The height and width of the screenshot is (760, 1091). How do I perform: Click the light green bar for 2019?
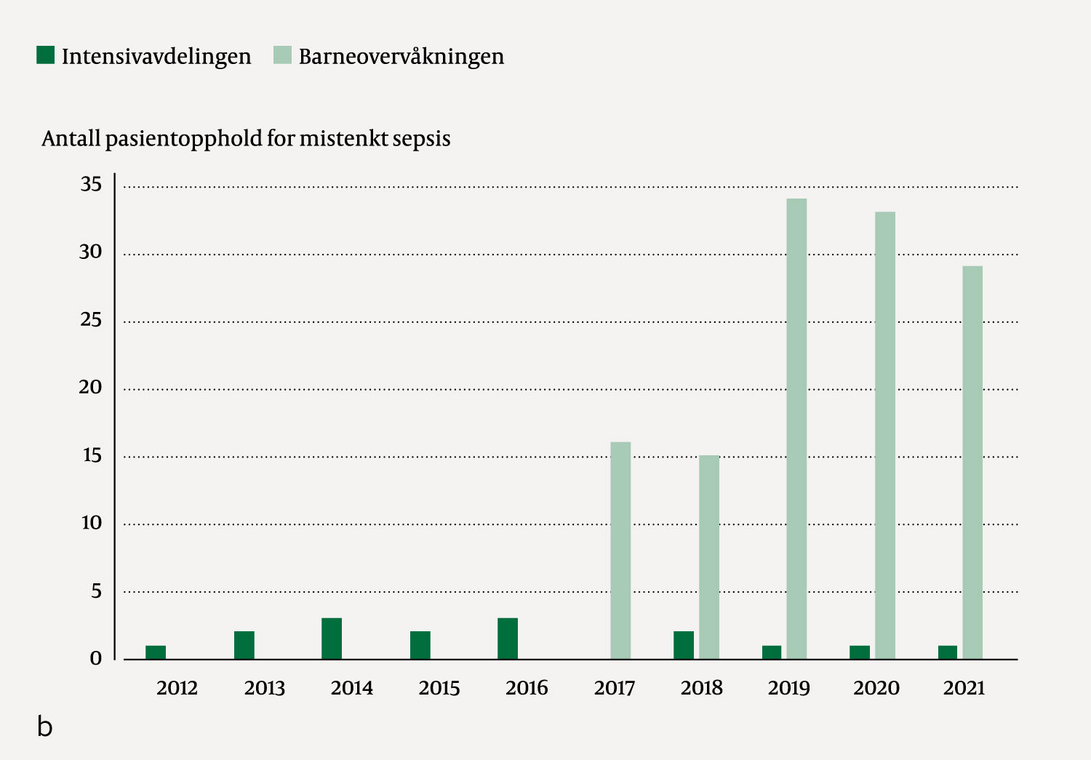(x=796, y=429)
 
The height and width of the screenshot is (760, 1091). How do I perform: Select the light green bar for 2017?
(x=620, y=551)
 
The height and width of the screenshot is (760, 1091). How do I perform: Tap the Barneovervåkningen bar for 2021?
(x=972, y=463)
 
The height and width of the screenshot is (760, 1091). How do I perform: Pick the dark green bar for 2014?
(x=332, y=639)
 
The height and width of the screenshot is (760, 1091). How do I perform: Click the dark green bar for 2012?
(x=156, y=652)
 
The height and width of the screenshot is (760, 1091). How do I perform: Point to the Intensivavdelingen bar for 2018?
(x=684, y=645)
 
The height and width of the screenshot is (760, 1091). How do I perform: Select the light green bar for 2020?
(x=885, y=436)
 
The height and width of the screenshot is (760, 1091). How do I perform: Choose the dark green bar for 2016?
(x=508, y=639)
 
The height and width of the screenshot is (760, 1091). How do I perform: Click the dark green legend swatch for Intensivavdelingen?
(x=46, y=55)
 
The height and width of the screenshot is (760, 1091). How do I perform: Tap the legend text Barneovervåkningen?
(x=401, y=57)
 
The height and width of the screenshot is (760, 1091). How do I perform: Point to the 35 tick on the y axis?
(x=92, y=184)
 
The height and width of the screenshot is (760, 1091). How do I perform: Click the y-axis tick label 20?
(x=91, y=387)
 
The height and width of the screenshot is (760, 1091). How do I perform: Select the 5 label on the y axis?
(x=96, y=591)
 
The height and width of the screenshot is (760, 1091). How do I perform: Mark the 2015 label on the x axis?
(x=439, y=688)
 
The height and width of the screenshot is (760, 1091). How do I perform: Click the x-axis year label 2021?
(x=964, y=688)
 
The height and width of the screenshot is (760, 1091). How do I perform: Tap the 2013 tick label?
(x=265, y=688)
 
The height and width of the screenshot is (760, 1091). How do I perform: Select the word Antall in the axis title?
(x=71, y=138)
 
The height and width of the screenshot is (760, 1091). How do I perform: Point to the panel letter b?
(x=45, y=726)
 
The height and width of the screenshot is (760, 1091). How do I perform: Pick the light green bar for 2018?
(x=709, y=557)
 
